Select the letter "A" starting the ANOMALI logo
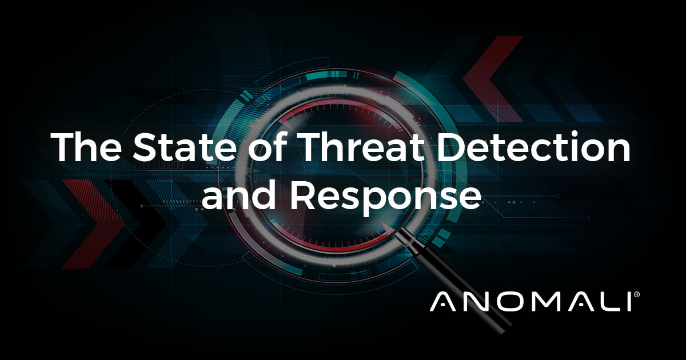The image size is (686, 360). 444,301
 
